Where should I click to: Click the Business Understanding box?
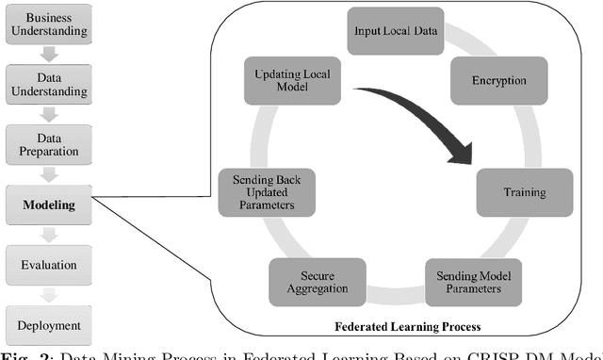[48, 25]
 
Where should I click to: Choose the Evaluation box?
[48, 265]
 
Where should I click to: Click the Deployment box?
[48, 325]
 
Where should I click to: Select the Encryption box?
[498, 81]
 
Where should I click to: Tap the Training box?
[524, 192]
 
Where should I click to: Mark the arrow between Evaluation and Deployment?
[48, 295]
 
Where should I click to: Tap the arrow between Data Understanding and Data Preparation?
[48, 115]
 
